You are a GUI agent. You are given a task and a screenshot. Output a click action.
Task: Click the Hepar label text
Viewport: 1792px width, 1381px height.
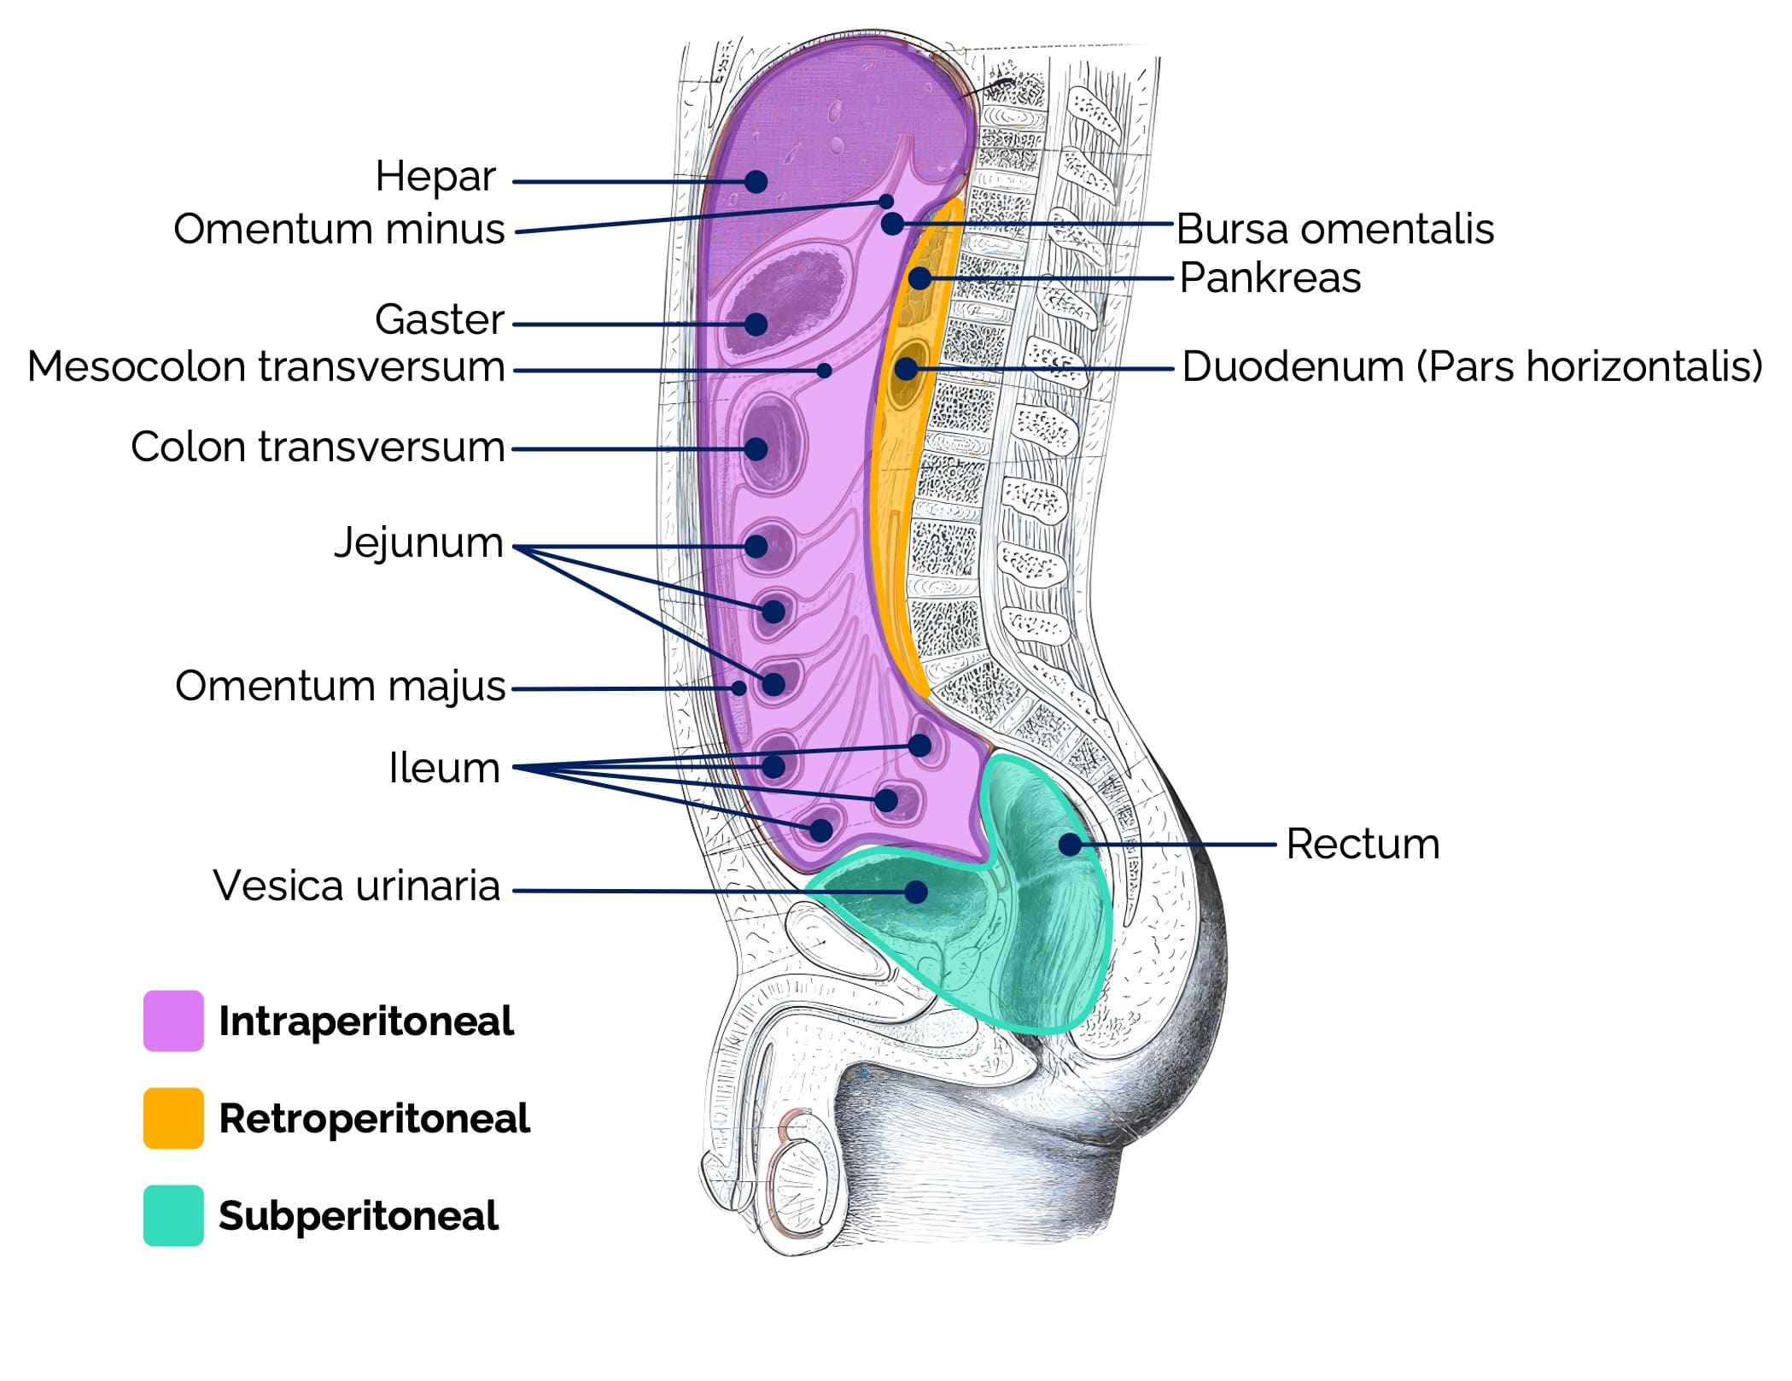click(435, 177)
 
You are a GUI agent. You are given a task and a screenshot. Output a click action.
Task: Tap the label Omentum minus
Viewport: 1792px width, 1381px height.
click(339, 229)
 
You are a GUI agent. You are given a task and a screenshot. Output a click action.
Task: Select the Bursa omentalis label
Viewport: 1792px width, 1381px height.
click(1334, 229)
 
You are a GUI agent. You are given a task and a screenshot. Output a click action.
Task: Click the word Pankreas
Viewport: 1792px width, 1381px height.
click(1270, 278)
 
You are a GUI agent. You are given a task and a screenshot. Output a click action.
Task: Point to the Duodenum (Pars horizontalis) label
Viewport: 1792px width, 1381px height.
click(1472, 366)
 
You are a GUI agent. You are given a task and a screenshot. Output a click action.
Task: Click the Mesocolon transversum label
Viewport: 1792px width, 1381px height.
click(266, 367)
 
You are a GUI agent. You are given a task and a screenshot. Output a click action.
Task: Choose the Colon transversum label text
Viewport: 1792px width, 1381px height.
click(318, 447)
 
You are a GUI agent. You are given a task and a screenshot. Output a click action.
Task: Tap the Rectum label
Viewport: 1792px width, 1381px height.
click(1363, 844)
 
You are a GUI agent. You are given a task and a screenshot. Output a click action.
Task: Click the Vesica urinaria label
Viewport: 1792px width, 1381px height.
click(356, 886)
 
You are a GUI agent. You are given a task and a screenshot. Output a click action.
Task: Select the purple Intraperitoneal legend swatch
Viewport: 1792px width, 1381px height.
click(173, 1021)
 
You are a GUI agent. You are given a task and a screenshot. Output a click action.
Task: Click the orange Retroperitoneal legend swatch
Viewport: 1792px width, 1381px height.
click(173, 1118)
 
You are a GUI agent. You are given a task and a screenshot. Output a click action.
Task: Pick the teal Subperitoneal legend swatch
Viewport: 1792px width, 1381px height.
click(173, 1215)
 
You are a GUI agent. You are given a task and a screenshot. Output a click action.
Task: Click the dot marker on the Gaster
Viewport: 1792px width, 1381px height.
click(756, 324)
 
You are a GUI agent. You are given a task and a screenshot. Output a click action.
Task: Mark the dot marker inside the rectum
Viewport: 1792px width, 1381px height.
click(1069, 845)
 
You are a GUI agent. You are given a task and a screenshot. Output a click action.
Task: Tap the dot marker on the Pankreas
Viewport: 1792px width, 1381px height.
click(919, 278)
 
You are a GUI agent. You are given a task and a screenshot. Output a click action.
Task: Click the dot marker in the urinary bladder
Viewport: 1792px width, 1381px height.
click(916, 892)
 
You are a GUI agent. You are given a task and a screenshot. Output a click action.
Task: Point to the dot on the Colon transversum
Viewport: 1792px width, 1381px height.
click(756, 448)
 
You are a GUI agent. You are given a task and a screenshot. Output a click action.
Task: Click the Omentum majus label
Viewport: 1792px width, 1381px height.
click(340, 686)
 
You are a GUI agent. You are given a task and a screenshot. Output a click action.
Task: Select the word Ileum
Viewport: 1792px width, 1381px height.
click(444, 768)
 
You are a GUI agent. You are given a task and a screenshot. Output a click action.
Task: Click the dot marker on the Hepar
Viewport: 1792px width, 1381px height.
click(756, 181)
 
